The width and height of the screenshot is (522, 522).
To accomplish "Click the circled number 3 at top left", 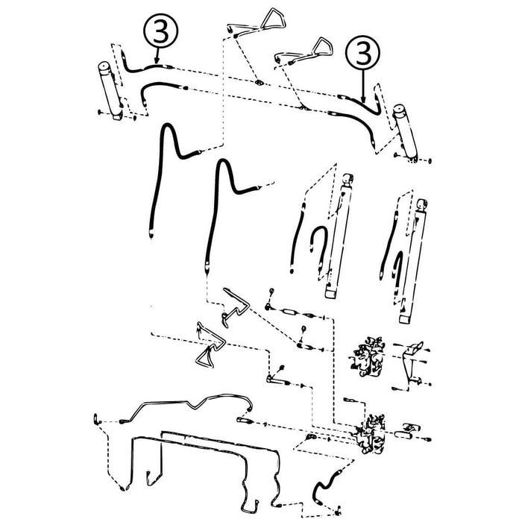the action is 161,31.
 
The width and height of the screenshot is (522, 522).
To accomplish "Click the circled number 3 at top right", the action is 363,53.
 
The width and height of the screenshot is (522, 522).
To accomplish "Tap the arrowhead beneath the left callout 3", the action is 157,60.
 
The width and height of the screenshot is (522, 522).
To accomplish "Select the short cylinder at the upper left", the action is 110,90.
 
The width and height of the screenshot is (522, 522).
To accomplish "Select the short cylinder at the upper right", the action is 405,133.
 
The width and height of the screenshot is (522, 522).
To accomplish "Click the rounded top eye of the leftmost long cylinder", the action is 348,179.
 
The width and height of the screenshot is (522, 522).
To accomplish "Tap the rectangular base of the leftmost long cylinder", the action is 331,293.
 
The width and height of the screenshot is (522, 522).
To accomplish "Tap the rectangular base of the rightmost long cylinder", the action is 405,319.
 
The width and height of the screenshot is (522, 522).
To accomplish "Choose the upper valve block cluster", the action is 368,357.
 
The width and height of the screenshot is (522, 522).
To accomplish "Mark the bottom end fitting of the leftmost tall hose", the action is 151,234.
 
